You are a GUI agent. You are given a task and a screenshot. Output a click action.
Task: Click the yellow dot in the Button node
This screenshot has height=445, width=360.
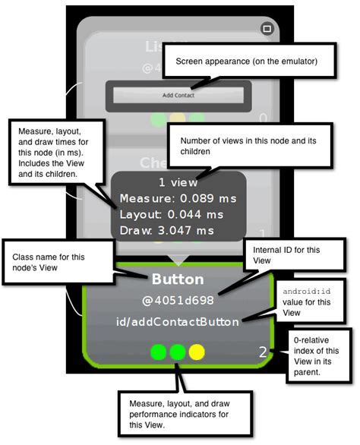(196, 352)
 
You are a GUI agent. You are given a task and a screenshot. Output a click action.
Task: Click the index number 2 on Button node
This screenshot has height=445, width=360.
(263, 352)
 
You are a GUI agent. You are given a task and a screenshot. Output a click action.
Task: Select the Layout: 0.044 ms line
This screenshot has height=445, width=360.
(162, 214)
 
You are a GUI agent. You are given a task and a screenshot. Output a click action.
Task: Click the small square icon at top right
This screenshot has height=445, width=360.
(266, 29)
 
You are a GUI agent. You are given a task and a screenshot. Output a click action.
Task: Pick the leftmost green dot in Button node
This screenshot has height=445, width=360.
(158, 352)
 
